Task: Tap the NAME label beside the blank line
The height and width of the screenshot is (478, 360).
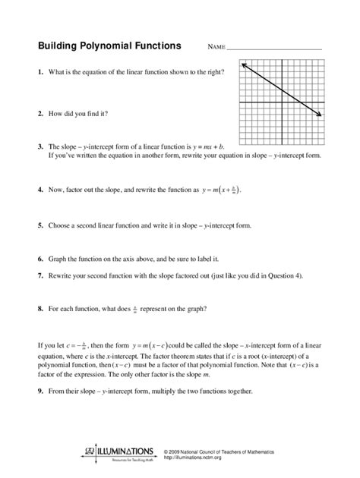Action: coord(216,47)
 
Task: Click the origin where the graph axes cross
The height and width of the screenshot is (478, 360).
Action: coord(282,102)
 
